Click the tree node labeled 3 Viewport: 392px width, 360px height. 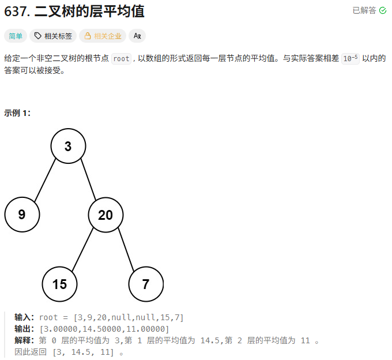click(x=68, y=146)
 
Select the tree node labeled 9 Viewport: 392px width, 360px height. click(x=22, y=215)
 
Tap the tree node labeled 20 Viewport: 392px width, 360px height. click(x=105, y=215)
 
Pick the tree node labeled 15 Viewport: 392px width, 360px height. click(x=59, y=284)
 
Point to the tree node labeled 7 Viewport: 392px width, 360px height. click(x=146, y=284)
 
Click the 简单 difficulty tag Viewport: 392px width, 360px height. click(x=15, y=36)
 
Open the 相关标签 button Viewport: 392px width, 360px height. click(x=53, y=36)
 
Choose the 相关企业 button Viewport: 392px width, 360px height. click(x=103, y=36)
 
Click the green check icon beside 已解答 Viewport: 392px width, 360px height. click(x=383, y=10)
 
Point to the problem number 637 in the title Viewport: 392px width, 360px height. click(x=17, y=11)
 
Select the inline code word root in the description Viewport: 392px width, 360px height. click(x=121, y=58)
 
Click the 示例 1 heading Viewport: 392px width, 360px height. click(x=17, y=113)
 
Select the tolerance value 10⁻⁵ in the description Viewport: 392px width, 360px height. click(x=350, y=58)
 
